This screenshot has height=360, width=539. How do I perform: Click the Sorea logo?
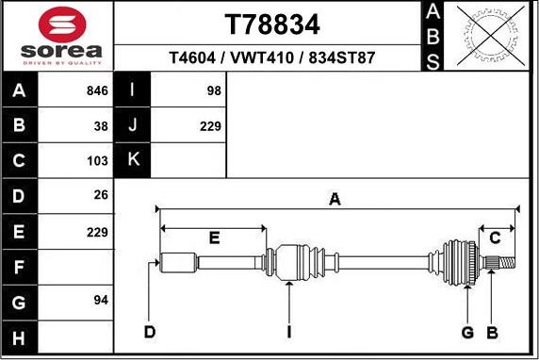58,36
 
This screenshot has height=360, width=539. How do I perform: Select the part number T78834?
272,24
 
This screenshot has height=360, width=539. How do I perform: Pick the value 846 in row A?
97,91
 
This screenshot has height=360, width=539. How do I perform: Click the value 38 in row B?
101,125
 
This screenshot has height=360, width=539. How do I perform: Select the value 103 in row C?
97,160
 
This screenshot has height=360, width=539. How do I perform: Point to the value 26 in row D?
101,195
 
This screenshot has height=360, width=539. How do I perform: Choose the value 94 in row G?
101,300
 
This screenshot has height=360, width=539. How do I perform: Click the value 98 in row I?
213,91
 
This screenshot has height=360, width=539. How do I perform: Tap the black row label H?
20,336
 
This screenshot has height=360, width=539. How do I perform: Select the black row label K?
133,160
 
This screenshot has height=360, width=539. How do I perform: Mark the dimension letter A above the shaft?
335,198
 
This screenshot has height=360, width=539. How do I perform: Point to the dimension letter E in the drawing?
214,237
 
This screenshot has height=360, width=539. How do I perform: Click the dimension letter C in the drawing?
494,237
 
